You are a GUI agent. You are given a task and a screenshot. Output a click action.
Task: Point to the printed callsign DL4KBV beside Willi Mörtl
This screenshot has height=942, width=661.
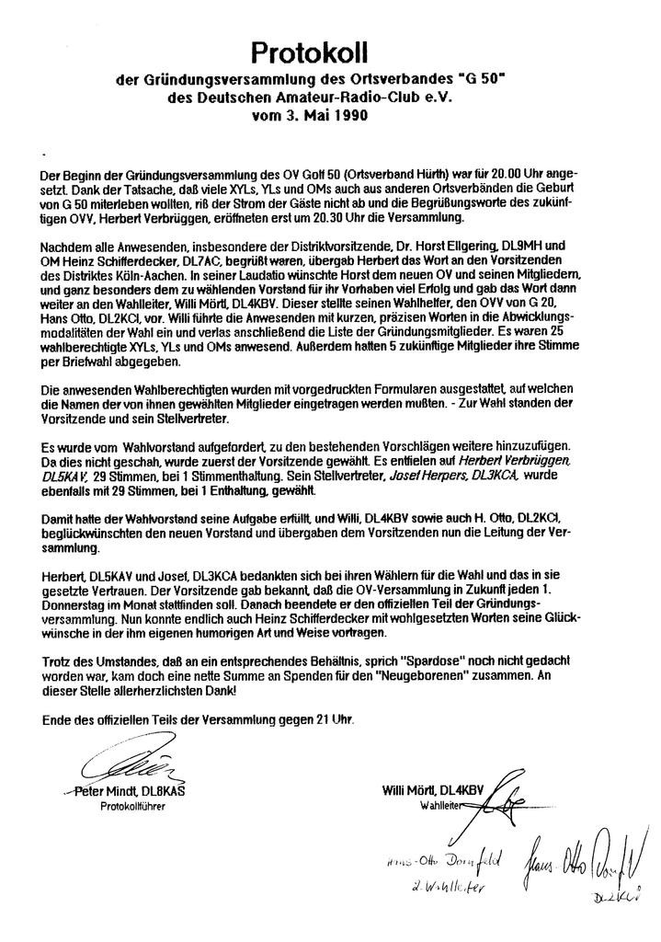pyautogui.click(x=461, y=790)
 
